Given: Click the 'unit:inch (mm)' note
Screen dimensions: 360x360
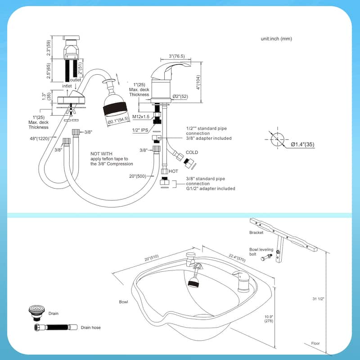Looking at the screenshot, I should point(276,39).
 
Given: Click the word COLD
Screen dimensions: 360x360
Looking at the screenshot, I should point(192,153).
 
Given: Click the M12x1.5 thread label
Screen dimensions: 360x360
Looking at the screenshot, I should point(141,117).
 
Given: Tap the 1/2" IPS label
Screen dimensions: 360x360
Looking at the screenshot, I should point(141,130).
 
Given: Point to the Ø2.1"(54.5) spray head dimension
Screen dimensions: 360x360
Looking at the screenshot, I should point(118,119).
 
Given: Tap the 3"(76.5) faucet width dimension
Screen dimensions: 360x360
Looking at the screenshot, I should point(178,56).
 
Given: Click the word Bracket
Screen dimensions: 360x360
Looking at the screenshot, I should point(256,233).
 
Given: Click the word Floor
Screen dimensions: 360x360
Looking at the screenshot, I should point(315,343).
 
